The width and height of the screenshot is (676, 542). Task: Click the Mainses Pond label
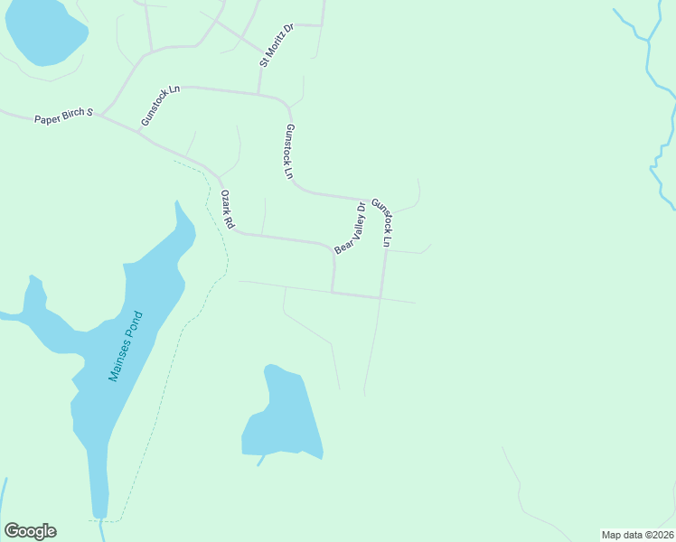point(126,346)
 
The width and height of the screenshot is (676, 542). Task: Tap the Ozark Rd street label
point(228,209)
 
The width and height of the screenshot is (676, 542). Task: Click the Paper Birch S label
point(64,117)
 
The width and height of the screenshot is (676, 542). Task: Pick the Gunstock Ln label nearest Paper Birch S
point(161,106)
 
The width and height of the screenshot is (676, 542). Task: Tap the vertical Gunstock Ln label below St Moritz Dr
point(289,151)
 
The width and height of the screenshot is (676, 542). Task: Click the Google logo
point(30,531)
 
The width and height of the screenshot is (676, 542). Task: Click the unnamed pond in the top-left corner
point(45,32)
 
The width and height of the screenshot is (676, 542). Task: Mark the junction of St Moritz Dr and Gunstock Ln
point(259,94)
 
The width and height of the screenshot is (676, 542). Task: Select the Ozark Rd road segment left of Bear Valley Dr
point(280,238)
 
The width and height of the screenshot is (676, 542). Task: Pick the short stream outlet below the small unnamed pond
point(260,461)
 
